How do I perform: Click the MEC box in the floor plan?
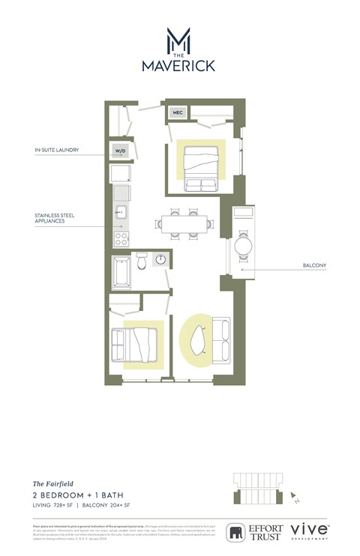pos(178,113)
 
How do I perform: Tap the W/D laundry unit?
pos(120,151)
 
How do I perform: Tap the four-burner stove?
pos(121,240)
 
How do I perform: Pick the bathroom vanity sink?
pos(160,260)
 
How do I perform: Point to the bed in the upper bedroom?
pos(200,163)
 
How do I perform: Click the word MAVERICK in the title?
pos(178,66)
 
